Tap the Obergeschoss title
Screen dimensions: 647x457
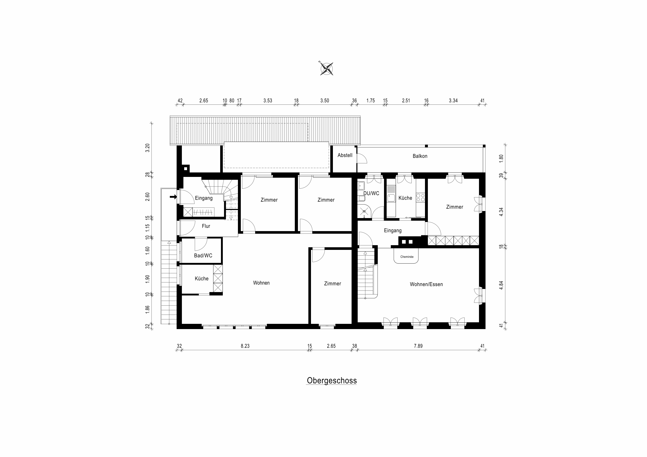332,380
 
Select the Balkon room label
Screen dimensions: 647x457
420,156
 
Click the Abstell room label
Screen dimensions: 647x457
345,155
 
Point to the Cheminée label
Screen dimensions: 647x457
407,257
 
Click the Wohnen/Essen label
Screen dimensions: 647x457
426,284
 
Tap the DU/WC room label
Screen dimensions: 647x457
371,193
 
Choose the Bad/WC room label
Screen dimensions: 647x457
203,256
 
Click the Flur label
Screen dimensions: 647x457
206,226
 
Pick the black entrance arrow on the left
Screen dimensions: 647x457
173,197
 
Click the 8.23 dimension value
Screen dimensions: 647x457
245,346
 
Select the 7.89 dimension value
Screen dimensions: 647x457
418,346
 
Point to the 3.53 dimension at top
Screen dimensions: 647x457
268,101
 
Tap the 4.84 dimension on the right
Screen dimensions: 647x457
501,285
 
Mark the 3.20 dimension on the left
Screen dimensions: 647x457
147,148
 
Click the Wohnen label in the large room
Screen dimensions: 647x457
261,283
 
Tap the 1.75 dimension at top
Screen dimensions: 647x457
370,101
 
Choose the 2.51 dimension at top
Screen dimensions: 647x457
406,101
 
